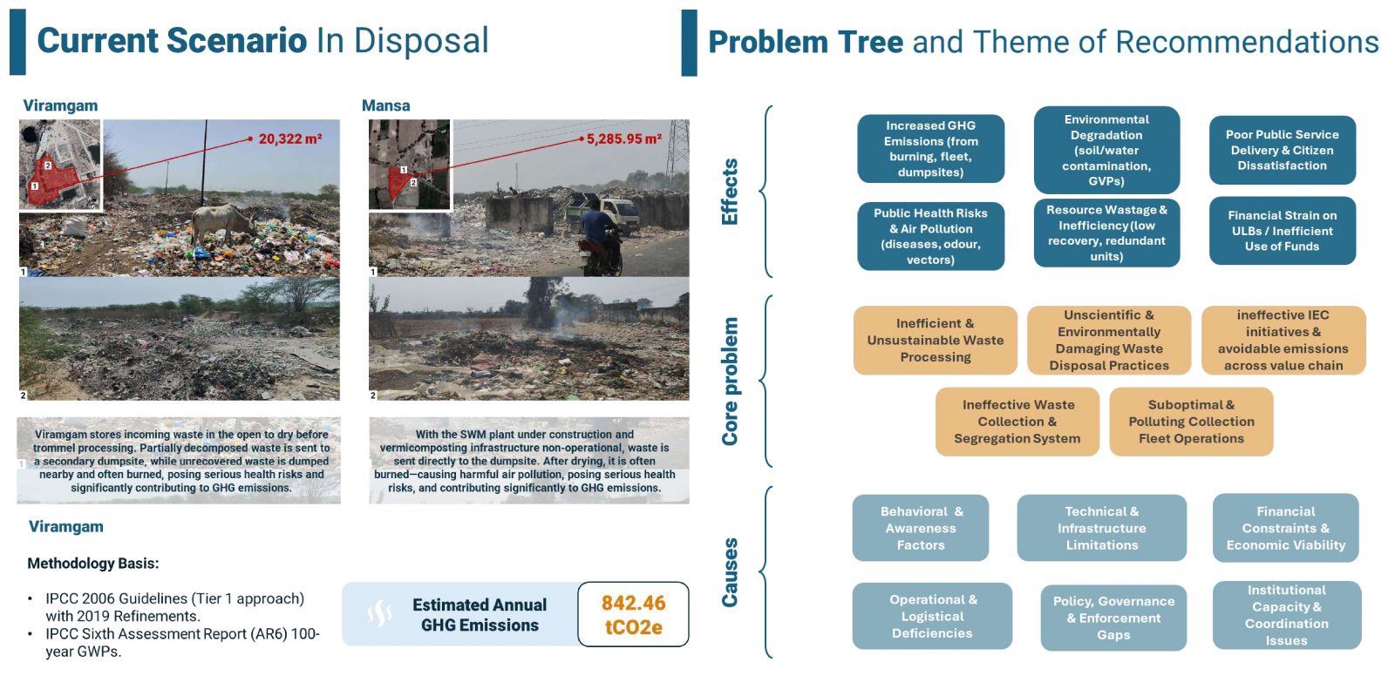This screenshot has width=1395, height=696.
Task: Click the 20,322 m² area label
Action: pyautogui.click(x=290, y=139)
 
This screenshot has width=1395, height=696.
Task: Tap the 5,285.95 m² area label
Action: pyautogui.click(x=624, y=139)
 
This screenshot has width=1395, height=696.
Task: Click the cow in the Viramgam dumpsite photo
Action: pyautogui.click(x=223, y=224)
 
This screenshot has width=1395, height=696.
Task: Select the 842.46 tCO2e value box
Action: pyautogui.click(x=633, y=614)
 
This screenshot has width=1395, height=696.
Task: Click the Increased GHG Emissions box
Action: pyautogui.click(x=930, y=149)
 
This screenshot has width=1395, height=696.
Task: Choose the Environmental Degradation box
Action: pyautogui.click(x=1106, y=150)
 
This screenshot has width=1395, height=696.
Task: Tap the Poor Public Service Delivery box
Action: pyautogui.click(x=1283, y=150)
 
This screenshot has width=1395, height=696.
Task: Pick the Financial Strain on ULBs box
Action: pyautogui.click(x=1283, y=231)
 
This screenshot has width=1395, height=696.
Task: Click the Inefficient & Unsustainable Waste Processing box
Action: pyautogui.click(x=936, y=341)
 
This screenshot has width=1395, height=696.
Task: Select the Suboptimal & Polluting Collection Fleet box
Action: pyautogui.click(x=1191, y=422)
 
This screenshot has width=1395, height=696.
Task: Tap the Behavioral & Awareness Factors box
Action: pyautogui.click(x=921, y=528)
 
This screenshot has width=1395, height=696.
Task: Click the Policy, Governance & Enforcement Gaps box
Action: pyautogui.click(x=1113, y=618)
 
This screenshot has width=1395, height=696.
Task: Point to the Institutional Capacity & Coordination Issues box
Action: pyautogui.click(x=1287, y=615)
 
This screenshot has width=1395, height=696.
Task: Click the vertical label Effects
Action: pyautogui.click(x=729, y=192)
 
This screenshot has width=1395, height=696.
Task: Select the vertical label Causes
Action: pyautogui.click(x=729, y=572)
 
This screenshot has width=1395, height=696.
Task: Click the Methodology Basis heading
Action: pyautogui.click(x=92, y=564)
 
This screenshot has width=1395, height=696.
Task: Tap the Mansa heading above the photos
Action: pyautogui.click(x=385, y=105)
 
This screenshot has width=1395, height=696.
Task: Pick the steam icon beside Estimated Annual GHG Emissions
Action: pyautogui.click(x=379, y=614)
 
